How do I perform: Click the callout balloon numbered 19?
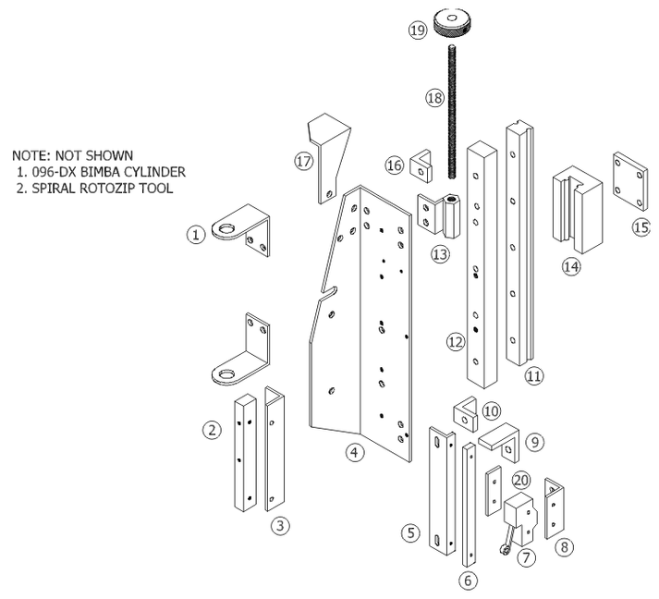click(417, 31)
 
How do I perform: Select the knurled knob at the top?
click(455, 21)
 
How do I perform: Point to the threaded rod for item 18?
click(455, 111)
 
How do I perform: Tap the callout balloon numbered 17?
click(304, 161)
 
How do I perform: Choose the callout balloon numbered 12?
click(454, 342)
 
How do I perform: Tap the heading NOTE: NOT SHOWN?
click(72, 154)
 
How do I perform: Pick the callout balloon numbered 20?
click(521, 481)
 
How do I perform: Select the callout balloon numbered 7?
click(527, 557)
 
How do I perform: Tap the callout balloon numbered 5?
click(410, 532)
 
